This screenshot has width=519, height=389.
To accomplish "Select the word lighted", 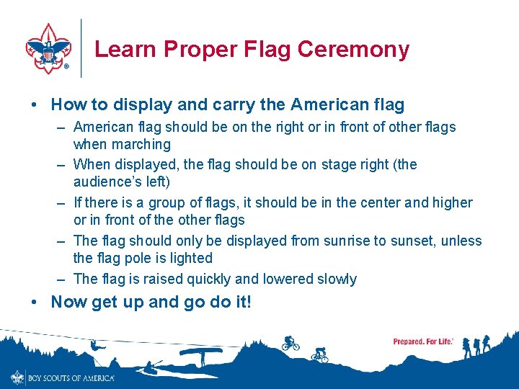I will (x=190, y=258).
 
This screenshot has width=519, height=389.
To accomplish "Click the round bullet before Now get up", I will (x=35, y=303).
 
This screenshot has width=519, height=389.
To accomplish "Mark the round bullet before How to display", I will (x=35, y=105).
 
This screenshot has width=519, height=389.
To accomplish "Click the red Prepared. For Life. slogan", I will (x=423, y=341).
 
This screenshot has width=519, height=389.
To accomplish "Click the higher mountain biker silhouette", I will (x=290, y=343).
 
